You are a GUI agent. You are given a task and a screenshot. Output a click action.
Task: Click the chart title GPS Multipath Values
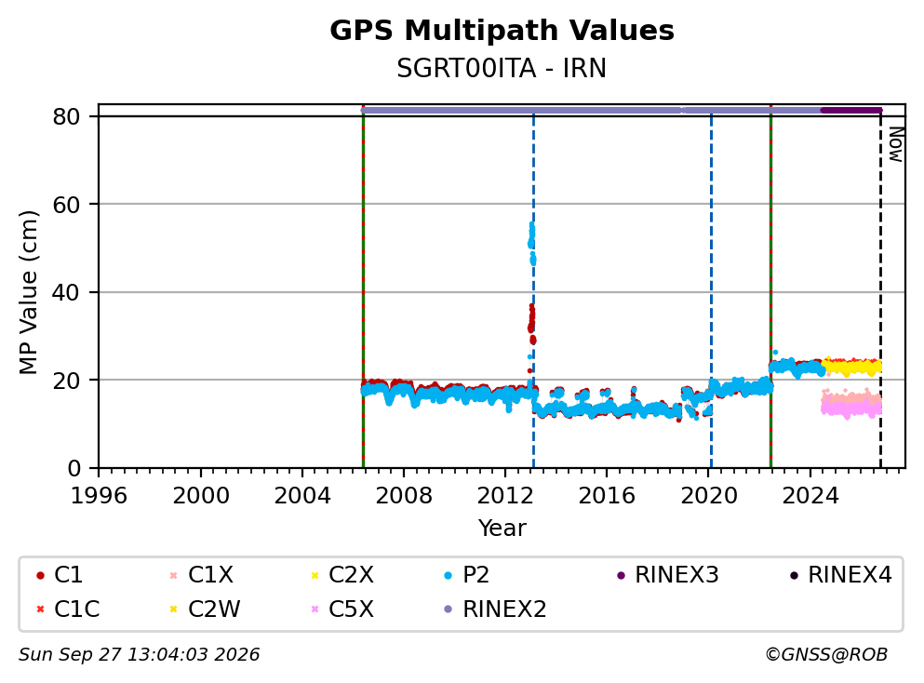pos(502,31)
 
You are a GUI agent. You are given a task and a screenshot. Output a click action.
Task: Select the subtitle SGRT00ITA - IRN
pos(502,68)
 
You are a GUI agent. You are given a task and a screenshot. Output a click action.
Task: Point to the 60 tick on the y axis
pos(67,205)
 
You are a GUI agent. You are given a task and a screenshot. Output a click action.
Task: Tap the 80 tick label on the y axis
pos(67,116)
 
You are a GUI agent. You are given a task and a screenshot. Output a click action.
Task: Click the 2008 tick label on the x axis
pos(404,496)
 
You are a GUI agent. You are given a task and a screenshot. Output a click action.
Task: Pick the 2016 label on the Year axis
pos(607,496)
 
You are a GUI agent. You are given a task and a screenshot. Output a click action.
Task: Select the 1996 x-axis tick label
pos(99,496)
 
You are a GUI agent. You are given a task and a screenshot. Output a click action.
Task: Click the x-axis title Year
pos(502,528)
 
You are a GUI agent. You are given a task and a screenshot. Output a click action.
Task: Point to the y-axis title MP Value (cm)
pos(28,292)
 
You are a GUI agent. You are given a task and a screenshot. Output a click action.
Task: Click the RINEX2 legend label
pos(504,609)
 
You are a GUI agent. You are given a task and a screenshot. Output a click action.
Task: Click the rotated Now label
pos(896,144)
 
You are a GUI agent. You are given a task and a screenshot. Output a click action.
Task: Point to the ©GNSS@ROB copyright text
pos(826,655)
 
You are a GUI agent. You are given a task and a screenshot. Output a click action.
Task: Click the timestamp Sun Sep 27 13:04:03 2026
pos(139,655)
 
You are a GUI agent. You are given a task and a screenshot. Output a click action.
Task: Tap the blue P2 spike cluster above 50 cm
pos(532,243)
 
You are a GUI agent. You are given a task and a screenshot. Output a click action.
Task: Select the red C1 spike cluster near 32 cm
pos(531,324)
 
